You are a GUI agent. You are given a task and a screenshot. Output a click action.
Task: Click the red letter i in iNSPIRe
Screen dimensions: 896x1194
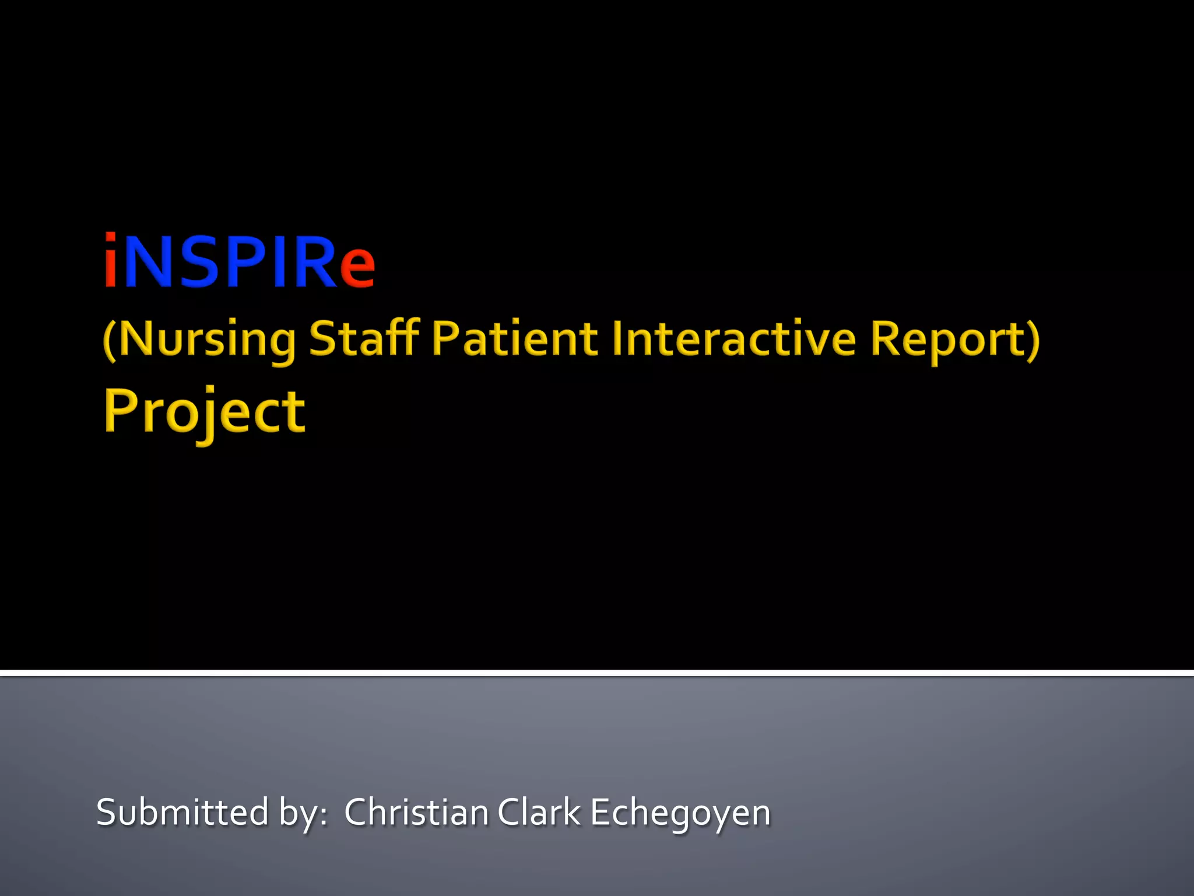click(x=111, y=261)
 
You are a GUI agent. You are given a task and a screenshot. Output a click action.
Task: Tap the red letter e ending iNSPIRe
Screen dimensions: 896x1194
click(x=357, y=267)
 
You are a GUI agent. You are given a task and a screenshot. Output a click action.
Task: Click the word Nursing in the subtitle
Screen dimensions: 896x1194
click(x=208, y=339)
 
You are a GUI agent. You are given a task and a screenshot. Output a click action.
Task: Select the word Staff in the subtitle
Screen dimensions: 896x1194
click(x=364, y=338)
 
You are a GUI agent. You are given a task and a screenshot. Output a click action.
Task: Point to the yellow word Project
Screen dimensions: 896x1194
click(x=205, y=412)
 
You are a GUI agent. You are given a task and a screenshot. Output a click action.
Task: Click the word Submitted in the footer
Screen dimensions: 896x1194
click(x=182, y=812)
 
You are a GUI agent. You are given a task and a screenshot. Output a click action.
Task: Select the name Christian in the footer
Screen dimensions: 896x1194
click(x=416, y=812)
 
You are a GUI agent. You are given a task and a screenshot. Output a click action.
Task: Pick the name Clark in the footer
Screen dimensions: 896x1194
click(x=539, y=812)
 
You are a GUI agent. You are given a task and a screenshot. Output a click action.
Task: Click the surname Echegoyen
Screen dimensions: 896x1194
click(x=680, y=813)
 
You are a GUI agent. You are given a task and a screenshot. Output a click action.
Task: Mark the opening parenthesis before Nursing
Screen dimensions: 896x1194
click(x=109, y=341)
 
